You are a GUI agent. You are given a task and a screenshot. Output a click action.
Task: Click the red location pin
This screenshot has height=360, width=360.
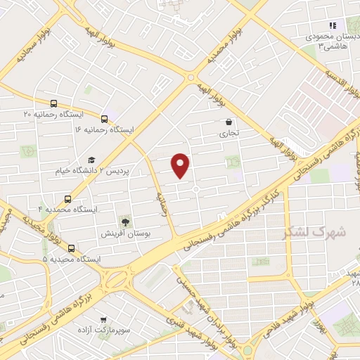pos(181,165)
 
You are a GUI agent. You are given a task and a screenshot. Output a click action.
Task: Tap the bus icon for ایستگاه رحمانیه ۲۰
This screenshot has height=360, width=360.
pos(54,103)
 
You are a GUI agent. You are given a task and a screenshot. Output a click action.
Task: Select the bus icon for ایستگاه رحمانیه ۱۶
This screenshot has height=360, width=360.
pos(104,119)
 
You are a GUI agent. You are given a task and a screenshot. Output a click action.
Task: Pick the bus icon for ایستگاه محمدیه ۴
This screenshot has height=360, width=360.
pos(67,199)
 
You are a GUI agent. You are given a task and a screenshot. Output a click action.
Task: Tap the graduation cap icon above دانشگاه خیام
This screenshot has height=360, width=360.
pos(91,160)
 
